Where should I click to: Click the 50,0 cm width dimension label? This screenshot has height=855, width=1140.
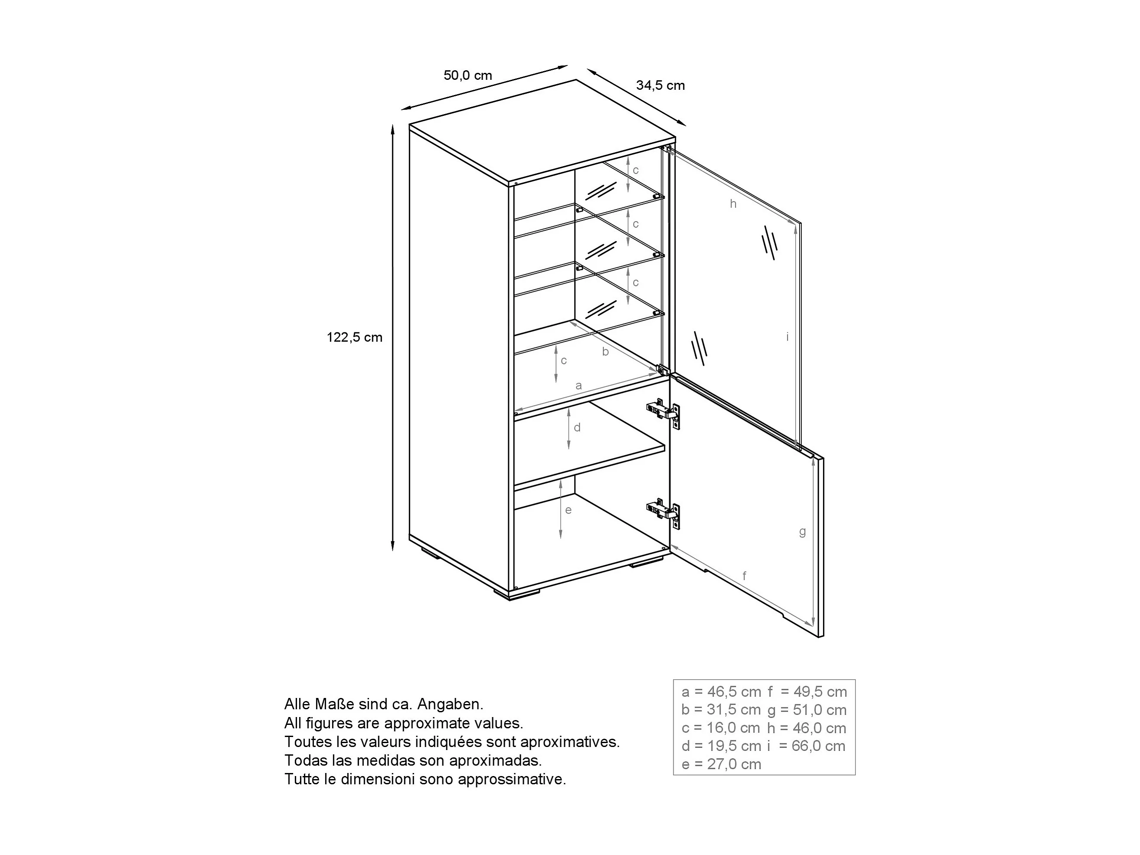(x=467, y=76)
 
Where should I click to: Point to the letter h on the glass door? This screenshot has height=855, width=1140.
(x=733, y=204)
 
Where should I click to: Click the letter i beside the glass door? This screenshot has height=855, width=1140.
(x=787, y=337)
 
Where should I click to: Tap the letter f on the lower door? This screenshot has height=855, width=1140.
(x=744, y=576)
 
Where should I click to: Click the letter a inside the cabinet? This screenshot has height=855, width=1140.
(x=578, y=385)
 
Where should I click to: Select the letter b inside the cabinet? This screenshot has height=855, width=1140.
(x=606, y=352)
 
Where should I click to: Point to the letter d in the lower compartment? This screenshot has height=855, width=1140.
(x=577, y=428)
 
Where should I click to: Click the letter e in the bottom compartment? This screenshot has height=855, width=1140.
(x=568, y=510)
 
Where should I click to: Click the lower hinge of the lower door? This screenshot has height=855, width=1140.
(x=664, y=511)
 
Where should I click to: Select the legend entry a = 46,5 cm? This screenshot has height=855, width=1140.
(x=721, y=692)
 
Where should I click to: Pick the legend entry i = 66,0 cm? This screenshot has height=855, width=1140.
(x=807, y=746)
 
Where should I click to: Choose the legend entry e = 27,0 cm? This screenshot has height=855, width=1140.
(x=721, y=764)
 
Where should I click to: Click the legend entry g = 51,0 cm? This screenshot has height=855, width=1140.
(x=807, y=710)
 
